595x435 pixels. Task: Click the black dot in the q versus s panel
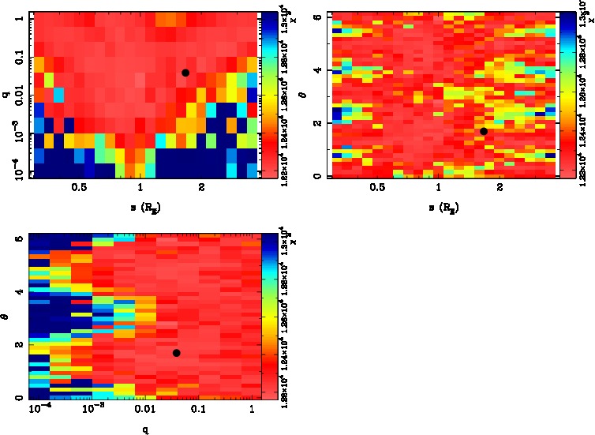tap(185, 73)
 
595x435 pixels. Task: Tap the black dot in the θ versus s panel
tap(484, 131)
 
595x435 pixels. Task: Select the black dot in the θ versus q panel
tap(177, 353)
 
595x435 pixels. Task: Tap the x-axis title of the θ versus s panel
tap(443, 208)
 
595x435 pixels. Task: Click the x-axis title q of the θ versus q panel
tap(144, 430)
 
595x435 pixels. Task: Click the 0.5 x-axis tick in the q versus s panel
tap(79, 189)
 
